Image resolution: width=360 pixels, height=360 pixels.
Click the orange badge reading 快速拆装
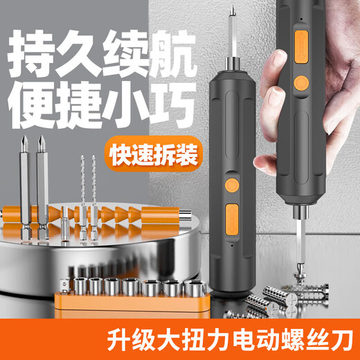(150, 154)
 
